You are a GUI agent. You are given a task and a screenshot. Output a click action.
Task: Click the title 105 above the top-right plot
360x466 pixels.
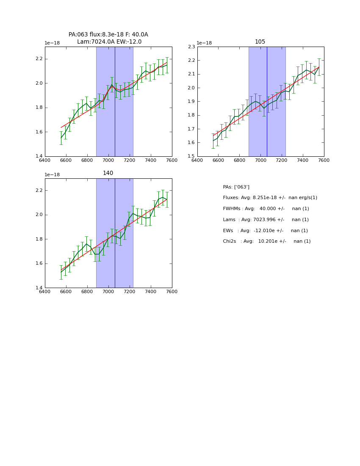[x=260, y=42]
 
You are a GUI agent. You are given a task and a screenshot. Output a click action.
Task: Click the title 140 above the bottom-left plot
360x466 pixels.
[x=108, y=173]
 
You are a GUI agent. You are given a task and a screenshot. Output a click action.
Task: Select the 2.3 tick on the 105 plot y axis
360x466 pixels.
[x=191, y=47]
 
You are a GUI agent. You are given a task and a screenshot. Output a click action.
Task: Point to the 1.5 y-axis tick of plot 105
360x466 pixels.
[x=191, y=156]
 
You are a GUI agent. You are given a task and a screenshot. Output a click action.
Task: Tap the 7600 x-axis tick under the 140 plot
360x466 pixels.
[x=172, y=291]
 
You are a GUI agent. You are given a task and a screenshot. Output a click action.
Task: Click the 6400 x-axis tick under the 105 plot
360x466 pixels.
[x=197, y=160]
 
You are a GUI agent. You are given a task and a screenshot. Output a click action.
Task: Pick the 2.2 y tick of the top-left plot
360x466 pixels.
[x=39, y=59]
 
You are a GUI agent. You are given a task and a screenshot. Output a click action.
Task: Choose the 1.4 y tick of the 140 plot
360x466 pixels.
[x=39, y=288]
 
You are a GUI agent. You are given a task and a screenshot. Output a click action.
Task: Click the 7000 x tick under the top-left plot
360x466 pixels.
[x=108, y=160]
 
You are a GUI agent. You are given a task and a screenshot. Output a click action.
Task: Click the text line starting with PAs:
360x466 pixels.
[x=236, y=187]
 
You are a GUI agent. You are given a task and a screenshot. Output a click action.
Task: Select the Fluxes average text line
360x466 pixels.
[x=270, y=198]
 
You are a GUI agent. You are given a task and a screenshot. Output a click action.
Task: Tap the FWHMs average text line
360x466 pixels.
[x=266, y=209]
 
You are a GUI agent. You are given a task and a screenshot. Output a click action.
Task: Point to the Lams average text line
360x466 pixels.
[x=266, y=220]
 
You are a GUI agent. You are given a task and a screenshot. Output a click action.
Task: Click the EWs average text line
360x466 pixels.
[x=265, y=231]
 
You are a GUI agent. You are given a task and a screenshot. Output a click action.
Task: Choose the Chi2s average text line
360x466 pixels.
[x=266, y=241]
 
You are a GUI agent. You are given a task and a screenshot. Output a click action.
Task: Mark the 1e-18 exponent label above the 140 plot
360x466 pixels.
[x=52, y=175]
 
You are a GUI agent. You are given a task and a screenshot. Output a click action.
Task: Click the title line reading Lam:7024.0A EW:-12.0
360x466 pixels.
[x=109, y=42]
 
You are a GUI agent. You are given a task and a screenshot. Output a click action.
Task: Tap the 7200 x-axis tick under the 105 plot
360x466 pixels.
[x=282, y=160]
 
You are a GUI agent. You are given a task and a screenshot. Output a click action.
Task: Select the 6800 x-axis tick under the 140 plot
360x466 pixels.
[x=87, y=291]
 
